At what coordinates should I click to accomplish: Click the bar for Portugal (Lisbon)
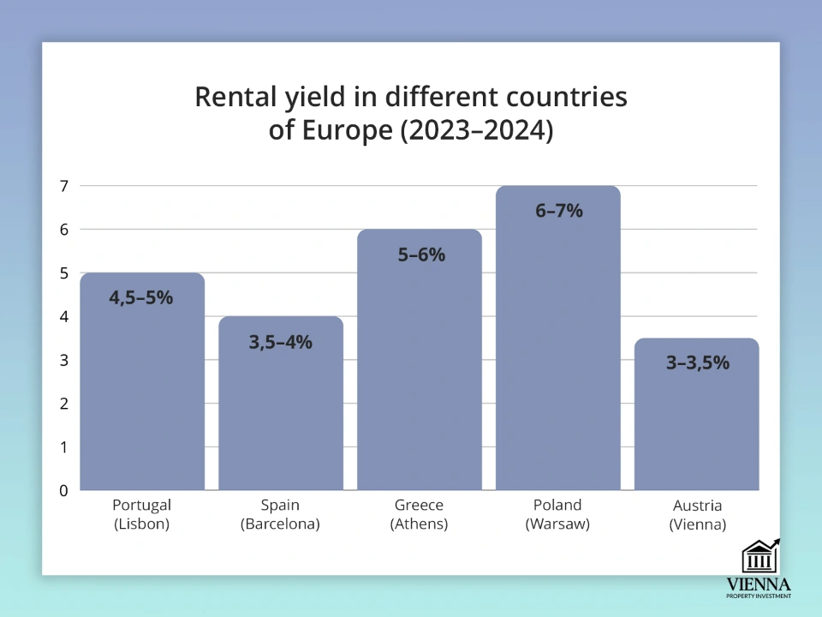[142, 394]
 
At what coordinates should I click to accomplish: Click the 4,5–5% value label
[141, 298]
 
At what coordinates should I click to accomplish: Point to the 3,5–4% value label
[281, 342]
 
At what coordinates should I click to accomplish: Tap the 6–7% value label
[559, 211]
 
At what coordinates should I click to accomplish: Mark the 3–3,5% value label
[698, 362]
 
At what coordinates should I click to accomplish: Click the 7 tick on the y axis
[63, 186]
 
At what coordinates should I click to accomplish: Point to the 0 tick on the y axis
[63, 491]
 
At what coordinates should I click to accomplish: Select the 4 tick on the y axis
[63, 317]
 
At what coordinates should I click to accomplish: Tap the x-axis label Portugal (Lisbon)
[142, 514]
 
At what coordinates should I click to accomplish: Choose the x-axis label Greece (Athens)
[420, 514]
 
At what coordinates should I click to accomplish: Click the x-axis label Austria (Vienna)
[698, 514]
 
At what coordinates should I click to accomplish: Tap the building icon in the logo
[759, 557]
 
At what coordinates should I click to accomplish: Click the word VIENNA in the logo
[759, 584]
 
